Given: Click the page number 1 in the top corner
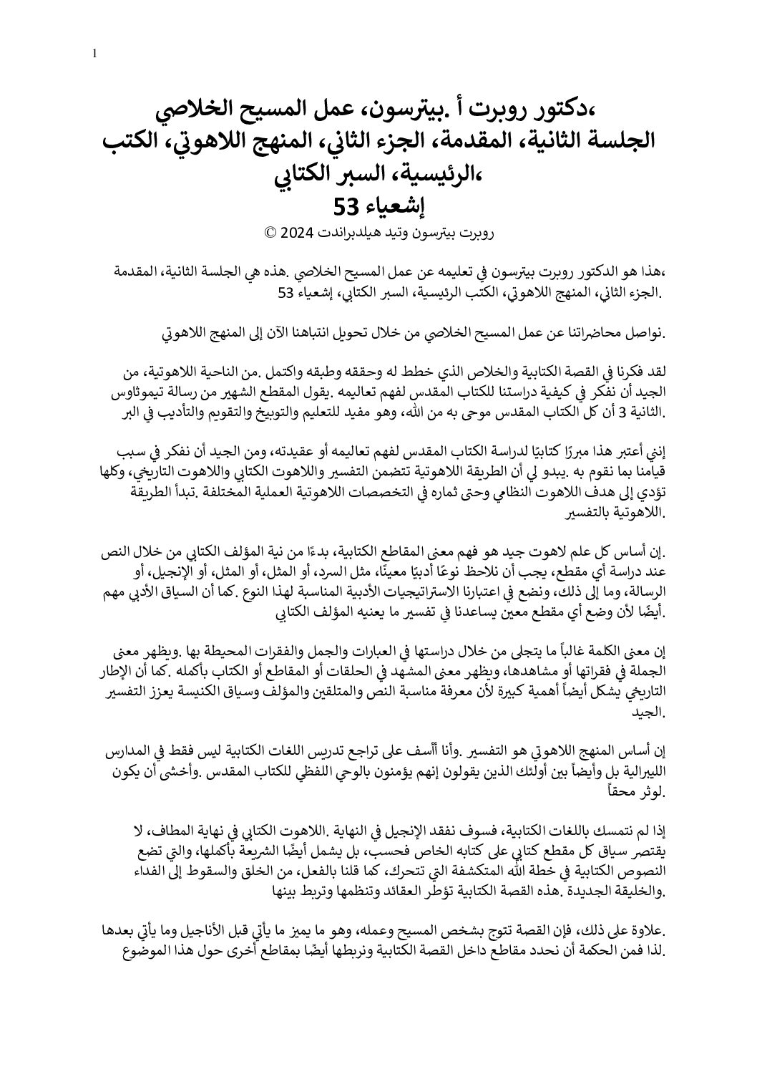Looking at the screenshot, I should click(x=95, y=54).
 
